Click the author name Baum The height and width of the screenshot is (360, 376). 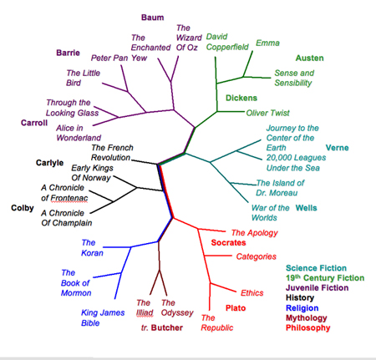[x=152, y=18]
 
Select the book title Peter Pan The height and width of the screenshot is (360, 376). [x=109, y=58]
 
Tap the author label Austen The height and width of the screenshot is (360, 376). [x=309, y=58]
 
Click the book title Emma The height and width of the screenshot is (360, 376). [x=267, y=43]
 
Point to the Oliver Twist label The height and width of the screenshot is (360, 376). [x=267, y=113]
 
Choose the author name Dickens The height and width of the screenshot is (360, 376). [x=241, y=98]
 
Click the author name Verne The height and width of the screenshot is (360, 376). [x=337, y=148]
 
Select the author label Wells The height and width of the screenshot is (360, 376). [x=306, y=208]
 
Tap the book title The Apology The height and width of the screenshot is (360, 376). [x=254, y=233]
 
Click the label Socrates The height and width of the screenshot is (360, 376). [x=228, y=242]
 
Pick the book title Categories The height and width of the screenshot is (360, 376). [x=257, y=256]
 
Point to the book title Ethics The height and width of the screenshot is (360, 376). [x=252, y=293]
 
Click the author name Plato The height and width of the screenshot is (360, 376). [x=236, y=308]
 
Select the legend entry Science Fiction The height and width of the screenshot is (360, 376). [x=316, y=268]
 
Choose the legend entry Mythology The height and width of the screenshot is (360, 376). [x=307, y=318]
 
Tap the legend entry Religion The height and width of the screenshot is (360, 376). [x=302, y=308]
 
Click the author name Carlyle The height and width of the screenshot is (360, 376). [x=49, y=163]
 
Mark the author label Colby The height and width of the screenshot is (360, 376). [x=23, y=208]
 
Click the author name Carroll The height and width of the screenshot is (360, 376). [x=34, y=123]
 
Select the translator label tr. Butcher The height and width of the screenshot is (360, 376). [x=162, y=327]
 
